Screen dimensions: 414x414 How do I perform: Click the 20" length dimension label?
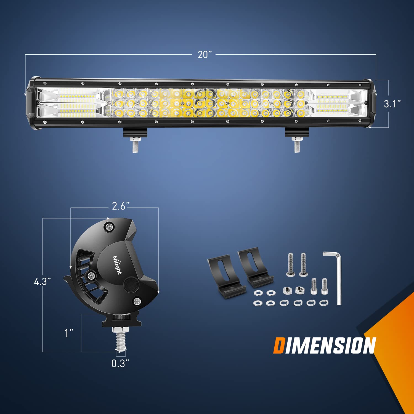click(205, 55)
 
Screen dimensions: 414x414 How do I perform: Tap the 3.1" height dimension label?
click(392, 104)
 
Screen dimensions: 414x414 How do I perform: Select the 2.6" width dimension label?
click(120, 206)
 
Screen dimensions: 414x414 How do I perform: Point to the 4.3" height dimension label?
click(42, 282)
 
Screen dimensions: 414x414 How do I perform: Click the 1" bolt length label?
click(69, 333)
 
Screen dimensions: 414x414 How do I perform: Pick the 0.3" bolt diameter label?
click(120, 363)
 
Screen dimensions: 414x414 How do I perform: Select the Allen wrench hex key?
click(335, 276)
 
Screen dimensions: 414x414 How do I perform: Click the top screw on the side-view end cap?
click(109, 227)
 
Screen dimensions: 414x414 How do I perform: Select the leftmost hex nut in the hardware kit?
click(287, 290)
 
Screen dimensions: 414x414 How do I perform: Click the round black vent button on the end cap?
click(130, 285)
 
